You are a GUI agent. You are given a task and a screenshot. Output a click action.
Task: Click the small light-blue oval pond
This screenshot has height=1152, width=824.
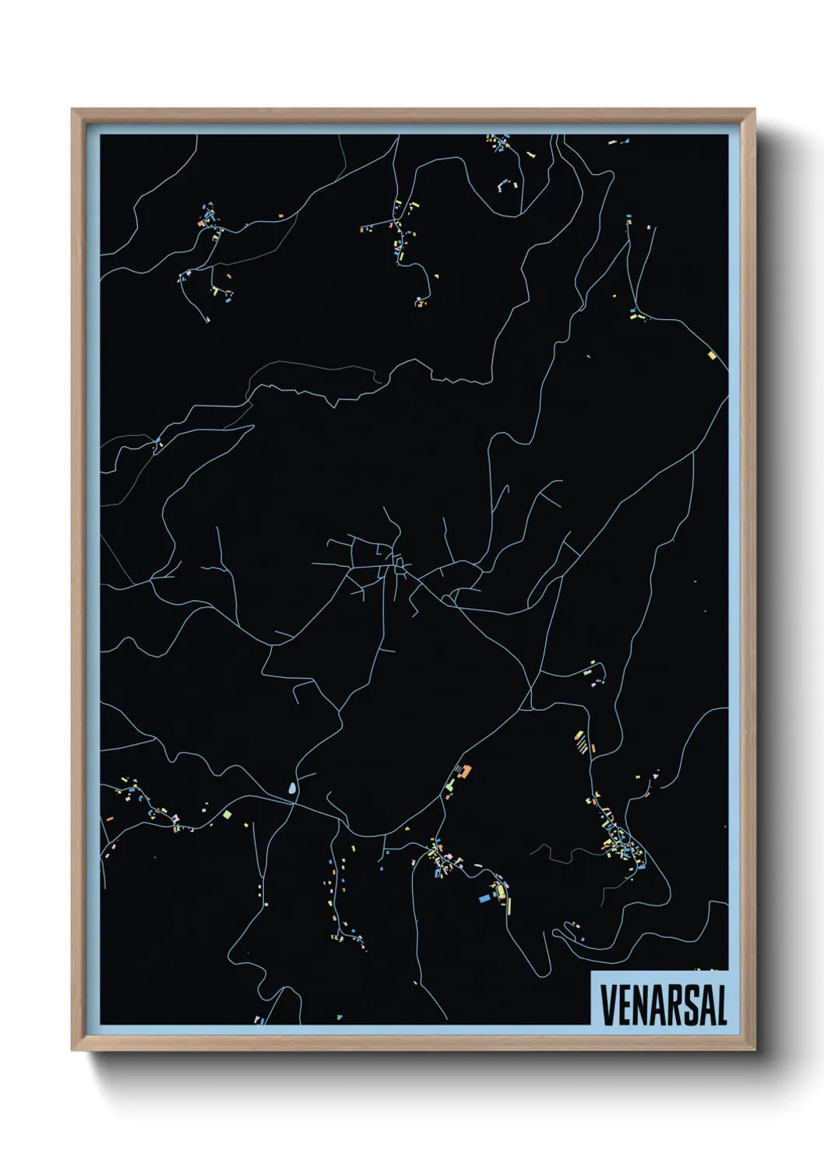click(x=292, y=789)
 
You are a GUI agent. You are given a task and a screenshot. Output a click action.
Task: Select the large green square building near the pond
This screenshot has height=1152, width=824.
click(x=227, y=814)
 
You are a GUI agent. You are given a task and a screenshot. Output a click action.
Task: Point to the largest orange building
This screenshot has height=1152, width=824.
click(x=467, y=771)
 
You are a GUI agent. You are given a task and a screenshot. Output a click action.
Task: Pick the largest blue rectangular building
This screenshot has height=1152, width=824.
click(x=485, y=897)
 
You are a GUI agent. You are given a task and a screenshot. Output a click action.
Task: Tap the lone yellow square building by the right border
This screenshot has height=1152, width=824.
click(x=711, y=355)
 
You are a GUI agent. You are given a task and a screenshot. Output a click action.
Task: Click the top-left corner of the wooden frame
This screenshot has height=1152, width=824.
click(x=73, y=111)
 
